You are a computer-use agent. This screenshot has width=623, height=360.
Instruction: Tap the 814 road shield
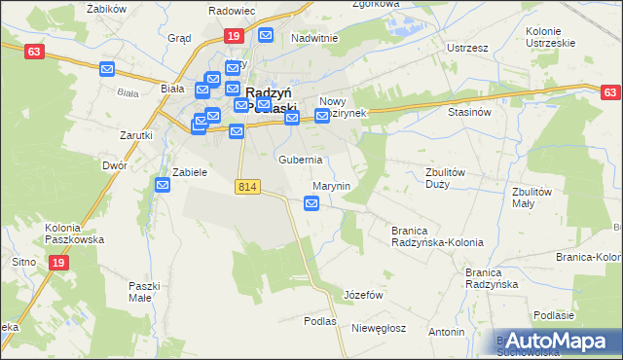pos(248,186)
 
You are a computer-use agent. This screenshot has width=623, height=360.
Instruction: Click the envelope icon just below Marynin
pos(311,203)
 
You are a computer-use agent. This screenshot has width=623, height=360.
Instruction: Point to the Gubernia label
pos(300,160)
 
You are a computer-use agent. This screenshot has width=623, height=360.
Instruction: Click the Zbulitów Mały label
pos(532,198)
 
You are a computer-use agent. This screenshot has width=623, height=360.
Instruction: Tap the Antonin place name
pos(446,332)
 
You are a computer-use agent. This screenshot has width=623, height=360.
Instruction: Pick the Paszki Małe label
pos(143,292)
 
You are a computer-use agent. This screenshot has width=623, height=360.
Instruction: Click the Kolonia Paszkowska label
pos(74,233)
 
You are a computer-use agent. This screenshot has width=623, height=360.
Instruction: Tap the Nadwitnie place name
pos(313,39)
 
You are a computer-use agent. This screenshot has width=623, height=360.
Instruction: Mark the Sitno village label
pos(23,262)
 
